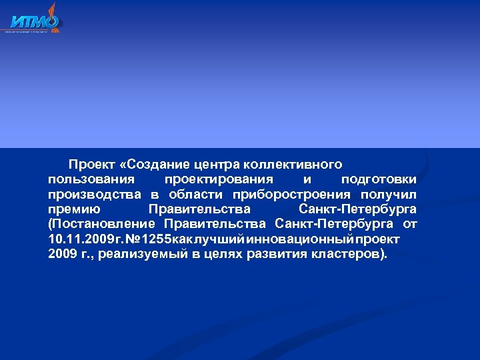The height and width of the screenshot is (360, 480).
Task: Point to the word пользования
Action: pos(91,179)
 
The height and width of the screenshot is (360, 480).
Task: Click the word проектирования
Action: pos(219,179)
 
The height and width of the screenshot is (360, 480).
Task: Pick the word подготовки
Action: pos(379,179)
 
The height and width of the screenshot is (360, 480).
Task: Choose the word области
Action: pos(195,195)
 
